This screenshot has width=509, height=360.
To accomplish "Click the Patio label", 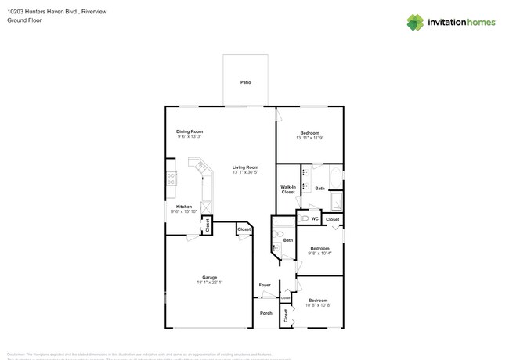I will point(245,82).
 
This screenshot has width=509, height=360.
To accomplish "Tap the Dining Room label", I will point(189,131).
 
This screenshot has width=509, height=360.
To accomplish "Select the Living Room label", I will point(245,167).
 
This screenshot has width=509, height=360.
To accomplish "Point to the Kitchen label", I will point(183,207).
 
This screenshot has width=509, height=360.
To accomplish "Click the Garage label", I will point(209,277).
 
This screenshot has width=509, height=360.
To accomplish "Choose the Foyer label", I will point(265,285).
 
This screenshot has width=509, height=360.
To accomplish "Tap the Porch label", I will point(265,313).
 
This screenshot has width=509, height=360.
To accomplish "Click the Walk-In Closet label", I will point(287,189).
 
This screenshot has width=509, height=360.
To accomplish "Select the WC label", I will point(314,219).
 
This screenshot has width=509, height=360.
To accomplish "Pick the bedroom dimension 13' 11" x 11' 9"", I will point(310,139).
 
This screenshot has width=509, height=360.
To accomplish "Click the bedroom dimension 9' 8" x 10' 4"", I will point(319,253).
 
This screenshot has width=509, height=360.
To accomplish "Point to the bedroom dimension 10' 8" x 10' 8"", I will point(318,305).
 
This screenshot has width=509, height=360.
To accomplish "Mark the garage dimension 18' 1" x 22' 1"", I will point(209,282).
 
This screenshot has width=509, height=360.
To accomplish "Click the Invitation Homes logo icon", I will point(416,22).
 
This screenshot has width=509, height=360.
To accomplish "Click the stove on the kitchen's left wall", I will point(170,185).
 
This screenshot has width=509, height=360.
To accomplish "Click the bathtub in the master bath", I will point(336,178).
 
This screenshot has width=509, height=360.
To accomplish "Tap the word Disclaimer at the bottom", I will point(16,354).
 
